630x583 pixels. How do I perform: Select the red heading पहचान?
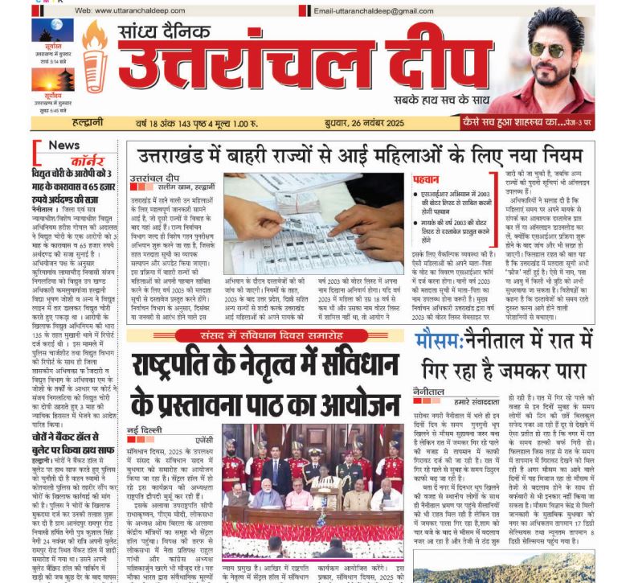pyautogui.click(x=426, y=180)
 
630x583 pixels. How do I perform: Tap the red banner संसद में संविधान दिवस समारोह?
pyautogui.click(x=264, y=313)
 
